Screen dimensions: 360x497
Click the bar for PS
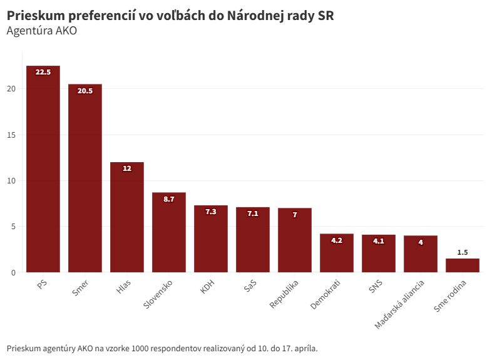pos(43,169)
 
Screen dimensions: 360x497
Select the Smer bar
pos(85,178)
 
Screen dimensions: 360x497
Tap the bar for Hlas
pos(127,217)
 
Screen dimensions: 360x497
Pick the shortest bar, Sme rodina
pos(463,265)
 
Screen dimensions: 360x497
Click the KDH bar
pos(211,239)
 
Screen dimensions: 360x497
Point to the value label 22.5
pos(43,72)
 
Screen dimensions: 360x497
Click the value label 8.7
pos(169,199)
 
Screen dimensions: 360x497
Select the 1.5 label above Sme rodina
pos(463,252)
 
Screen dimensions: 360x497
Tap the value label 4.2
pos(337,240)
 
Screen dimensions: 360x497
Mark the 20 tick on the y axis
pos(11,89)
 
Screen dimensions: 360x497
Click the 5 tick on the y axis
pos(13,227)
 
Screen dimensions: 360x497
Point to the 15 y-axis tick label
pos(11,135)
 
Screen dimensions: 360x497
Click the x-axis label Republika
pos(285,294)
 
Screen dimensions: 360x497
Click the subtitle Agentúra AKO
pos(41,31)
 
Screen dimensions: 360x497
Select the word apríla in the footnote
pos(304,348)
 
